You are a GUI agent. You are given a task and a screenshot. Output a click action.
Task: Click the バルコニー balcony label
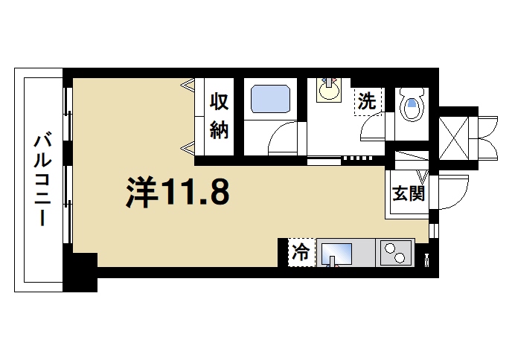click(43, 179)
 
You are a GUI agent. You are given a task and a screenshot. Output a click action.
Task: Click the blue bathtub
click(269, 99)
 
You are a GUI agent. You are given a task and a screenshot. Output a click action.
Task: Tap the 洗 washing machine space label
click(367, 100)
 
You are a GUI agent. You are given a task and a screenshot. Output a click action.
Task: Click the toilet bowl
click(412, 106)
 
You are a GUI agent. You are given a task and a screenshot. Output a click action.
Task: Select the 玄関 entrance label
click(408, 194)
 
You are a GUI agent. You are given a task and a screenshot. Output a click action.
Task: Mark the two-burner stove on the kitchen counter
click(396, 252)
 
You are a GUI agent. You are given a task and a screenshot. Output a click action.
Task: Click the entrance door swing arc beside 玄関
click(453, 194)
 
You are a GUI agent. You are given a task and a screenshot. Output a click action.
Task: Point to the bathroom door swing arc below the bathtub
click(283, 138)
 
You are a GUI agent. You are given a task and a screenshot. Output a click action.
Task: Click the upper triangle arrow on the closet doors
click(188, 85)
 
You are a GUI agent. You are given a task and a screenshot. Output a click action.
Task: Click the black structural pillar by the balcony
click(81, 271)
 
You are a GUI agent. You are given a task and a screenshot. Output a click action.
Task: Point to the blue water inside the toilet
click(412, 106)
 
